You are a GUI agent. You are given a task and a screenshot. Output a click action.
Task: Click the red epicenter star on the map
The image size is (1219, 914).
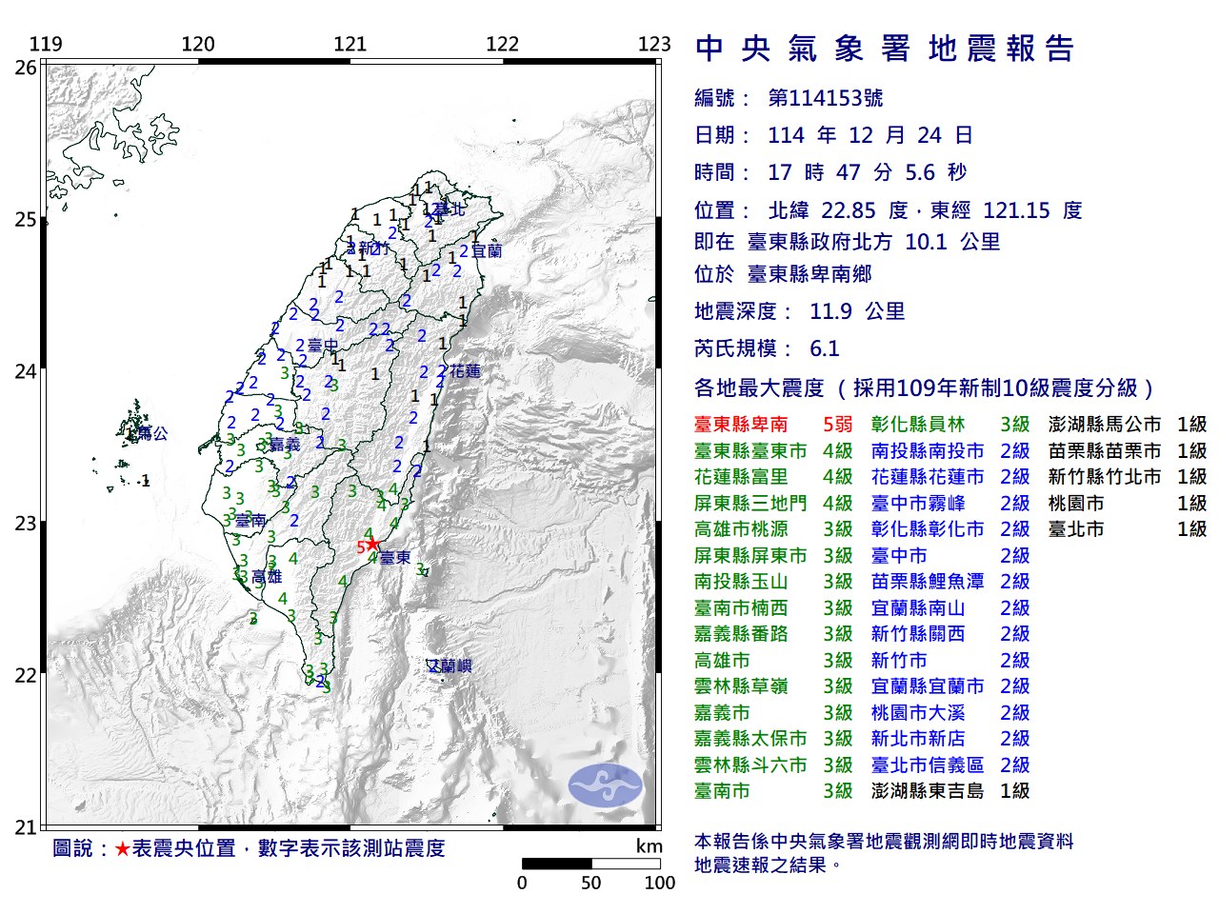pyautogui.click(x=372, y=544)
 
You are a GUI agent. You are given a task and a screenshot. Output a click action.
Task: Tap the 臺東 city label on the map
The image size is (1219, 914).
pyautogui.click(x=395, y=558)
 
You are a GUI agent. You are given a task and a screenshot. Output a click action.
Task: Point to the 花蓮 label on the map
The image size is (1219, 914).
pyautogui.click(x=466, y=371)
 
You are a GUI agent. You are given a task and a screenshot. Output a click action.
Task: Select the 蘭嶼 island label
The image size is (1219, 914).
pyautogui.click(x=450, y=666)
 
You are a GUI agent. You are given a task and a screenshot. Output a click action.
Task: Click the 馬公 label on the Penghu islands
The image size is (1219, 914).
pyautogui.click(x=152, y=434)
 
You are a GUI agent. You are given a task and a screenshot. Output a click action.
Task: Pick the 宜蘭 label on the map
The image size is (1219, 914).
pyautogui.click(x=487, y=251)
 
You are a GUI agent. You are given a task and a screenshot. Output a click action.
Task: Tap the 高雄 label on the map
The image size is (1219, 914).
pyautogui.click(x=267, y=577)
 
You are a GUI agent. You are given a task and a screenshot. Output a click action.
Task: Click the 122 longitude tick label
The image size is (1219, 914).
pyautogui.click(x=502, y=44)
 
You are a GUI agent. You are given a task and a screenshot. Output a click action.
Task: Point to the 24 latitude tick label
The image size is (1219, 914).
pyautogui.click(x=26, y=371)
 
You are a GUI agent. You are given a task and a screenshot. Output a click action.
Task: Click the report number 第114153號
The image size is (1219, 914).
pyautogui.click(x=825, y=98)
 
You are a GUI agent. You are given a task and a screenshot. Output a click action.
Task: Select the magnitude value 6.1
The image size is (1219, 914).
pyautogui.click(x=824, y=348)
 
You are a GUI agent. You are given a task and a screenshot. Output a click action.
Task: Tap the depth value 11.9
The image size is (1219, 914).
pyautogui.click(x=830, y=311)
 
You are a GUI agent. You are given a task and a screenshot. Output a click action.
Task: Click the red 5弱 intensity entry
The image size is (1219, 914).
pyautogui.click(x=837, y=425)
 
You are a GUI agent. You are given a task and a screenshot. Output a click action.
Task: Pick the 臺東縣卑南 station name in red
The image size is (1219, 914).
pyautogui.click(x=741, y=425)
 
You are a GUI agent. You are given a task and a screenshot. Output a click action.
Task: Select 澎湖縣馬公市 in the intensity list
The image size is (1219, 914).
pyautogui.click(x=1104, y=425)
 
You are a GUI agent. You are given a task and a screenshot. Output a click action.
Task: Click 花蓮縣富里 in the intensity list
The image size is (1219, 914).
pyautogui.click(x=741, y=477)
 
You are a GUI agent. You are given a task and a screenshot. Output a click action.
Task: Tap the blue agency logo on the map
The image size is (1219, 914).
pyautogui.click(x=606, y=785)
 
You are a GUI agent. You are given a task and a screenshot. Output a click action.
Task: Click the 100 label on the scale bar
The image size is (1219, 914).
pyautogui.click(x=659, y=884)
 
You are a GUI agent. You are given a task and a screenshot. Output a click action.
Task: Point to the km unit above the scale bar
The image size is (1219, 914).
pyautogui.click(x=649, y=846)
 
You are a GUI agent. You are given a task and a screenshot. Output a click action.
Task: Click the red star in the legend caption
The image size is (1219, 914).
pyautogui.click(x=122, y=848)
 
